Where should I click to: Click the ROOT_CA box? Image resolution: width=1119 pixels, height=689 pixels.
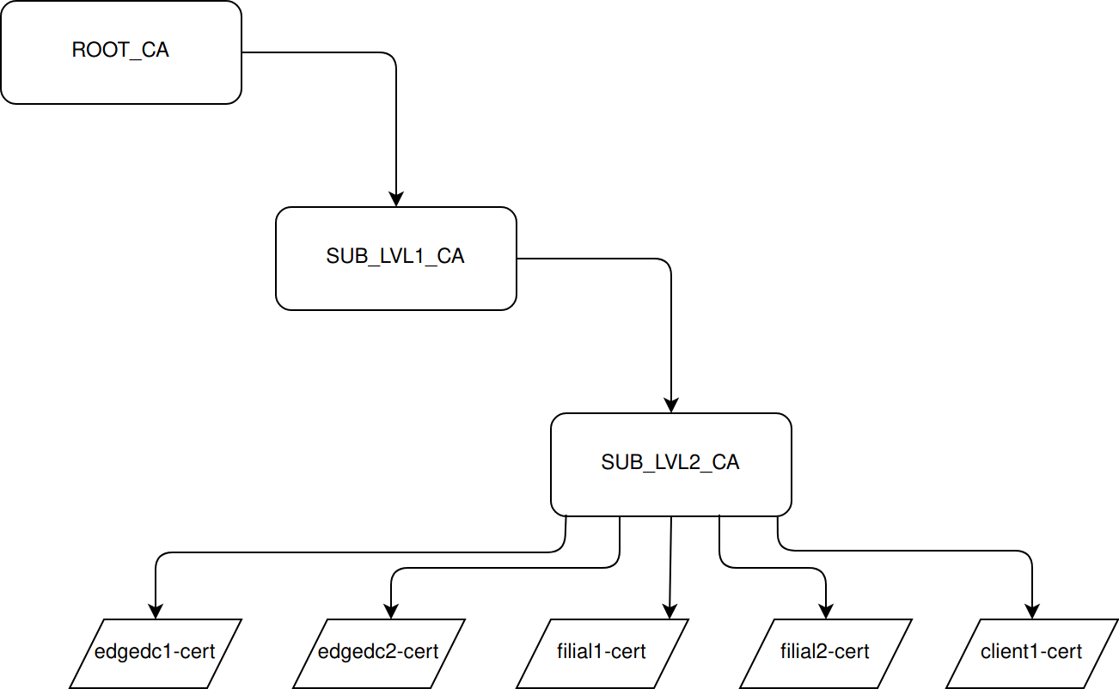pyautogui.click(x=120, y=77)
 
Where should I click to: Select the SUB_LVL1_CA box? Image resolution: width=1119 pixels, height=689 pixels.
pyautogui.click(x=395, y=284)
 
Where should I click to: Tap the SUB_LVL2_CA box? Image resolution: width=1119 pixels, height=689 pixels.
pyautogui.click(x=670, y=490)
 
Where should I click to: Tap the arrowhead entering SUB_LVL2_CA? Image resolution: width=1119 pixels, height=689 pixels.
pyautogui.click(x=670, y=405)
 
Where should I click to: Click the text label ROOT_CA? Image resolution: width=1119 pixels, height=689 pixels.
pyautogui.click(x=120, y=50)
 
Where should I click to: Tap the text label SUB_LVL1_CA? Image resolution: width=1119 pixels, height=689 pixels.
pyautogui.click(x=395, y=256)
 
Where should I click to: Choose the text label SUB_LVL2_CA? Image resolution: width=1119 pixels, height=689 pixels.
pyautogui.click(x=670, y=462)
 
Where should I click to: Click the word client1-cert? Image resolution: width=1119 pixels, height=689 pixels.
pyautogui.click(x=1031, y=651)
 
